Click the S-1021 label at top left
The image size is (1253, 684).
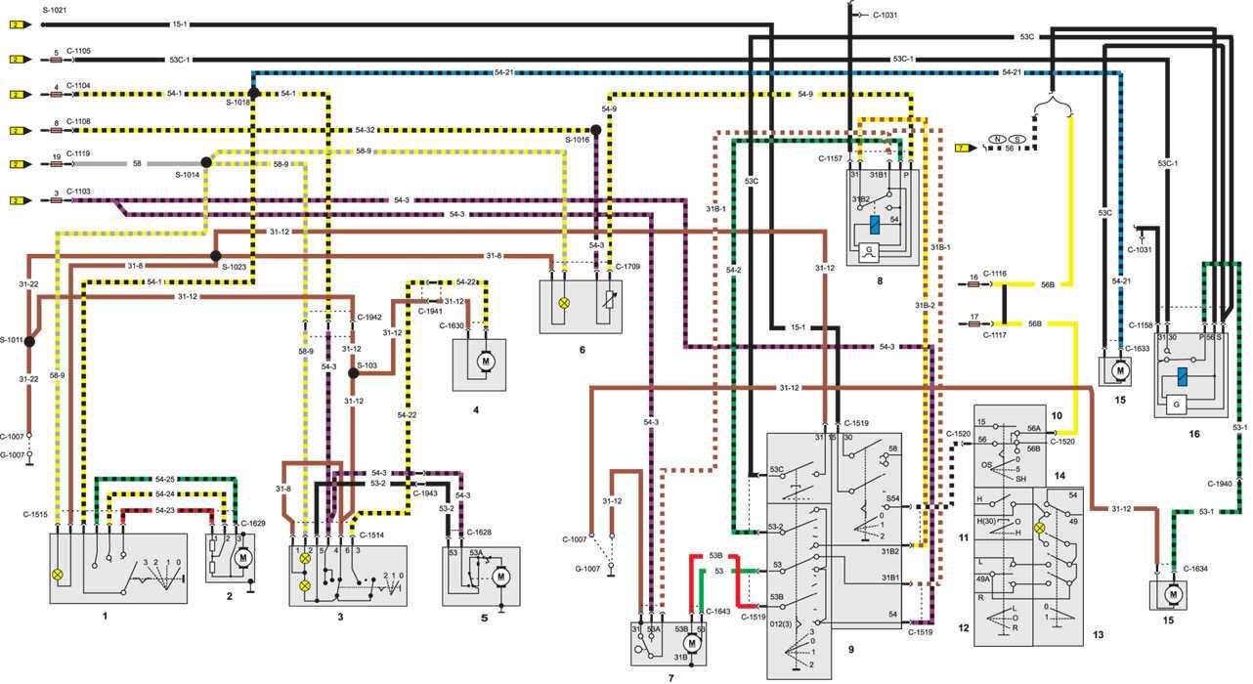[54, 8]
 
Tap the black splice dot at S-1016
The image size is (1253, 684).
[594, 130]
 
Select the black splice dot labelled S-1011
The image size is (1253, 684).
[29, 341]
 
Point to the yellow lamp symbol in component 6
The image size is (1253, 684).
[563, 303]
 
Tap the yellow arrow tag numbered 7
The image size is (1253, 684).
[963, 148]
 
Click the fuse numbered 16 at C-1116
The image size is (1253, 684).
[973, 284]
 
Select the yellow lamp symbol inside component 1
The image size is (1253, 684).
[58, 575]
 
